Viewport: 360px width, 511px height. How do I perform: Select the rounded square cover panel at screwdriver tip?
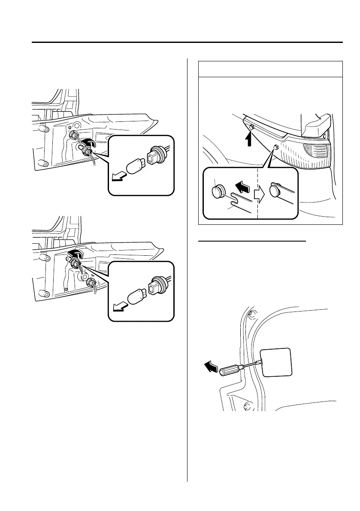tap(276, 362)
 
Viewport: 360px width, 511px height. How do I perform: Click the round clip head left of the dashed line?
tap(219, 191)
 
